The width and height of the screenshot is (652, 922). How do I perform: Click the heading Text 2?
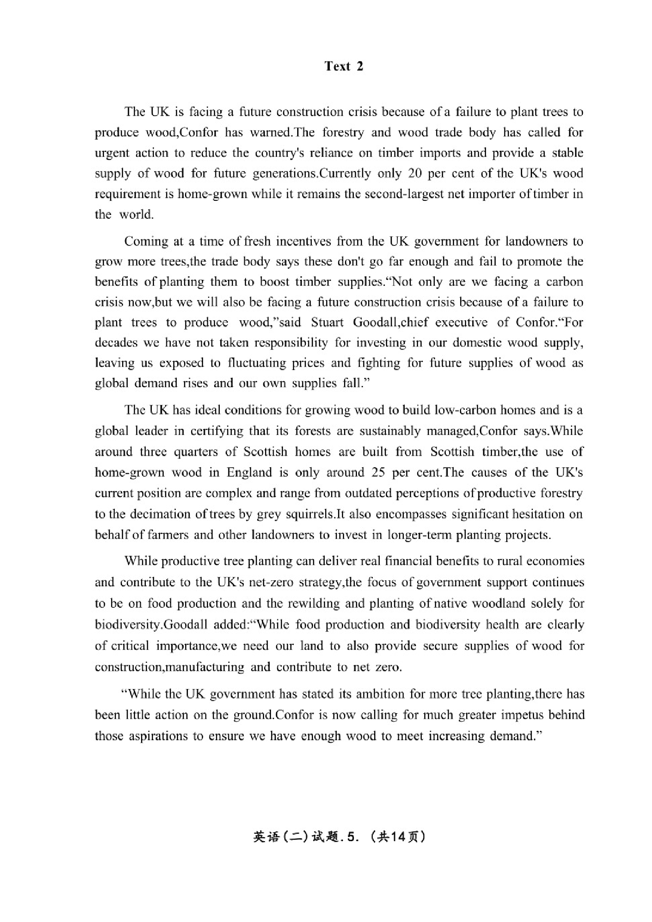(x=343, y=66)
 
